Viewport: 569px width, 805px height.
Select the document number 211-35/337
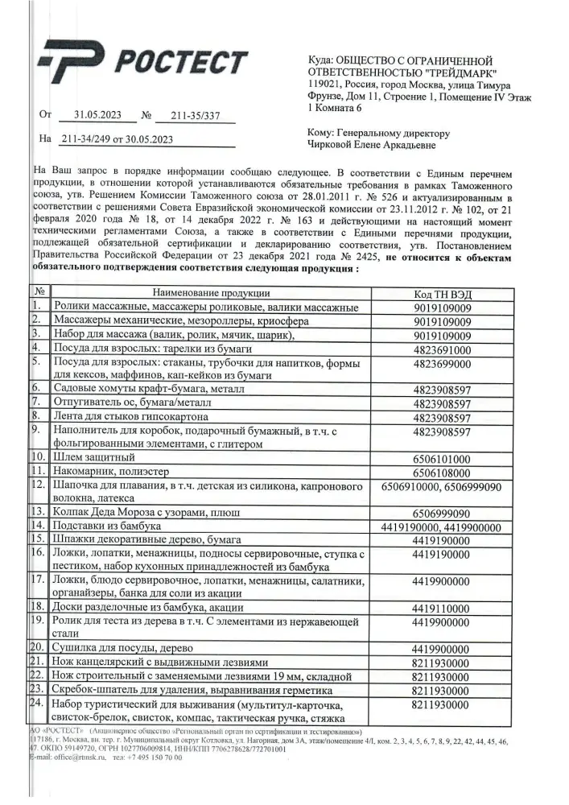point(196,115)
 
